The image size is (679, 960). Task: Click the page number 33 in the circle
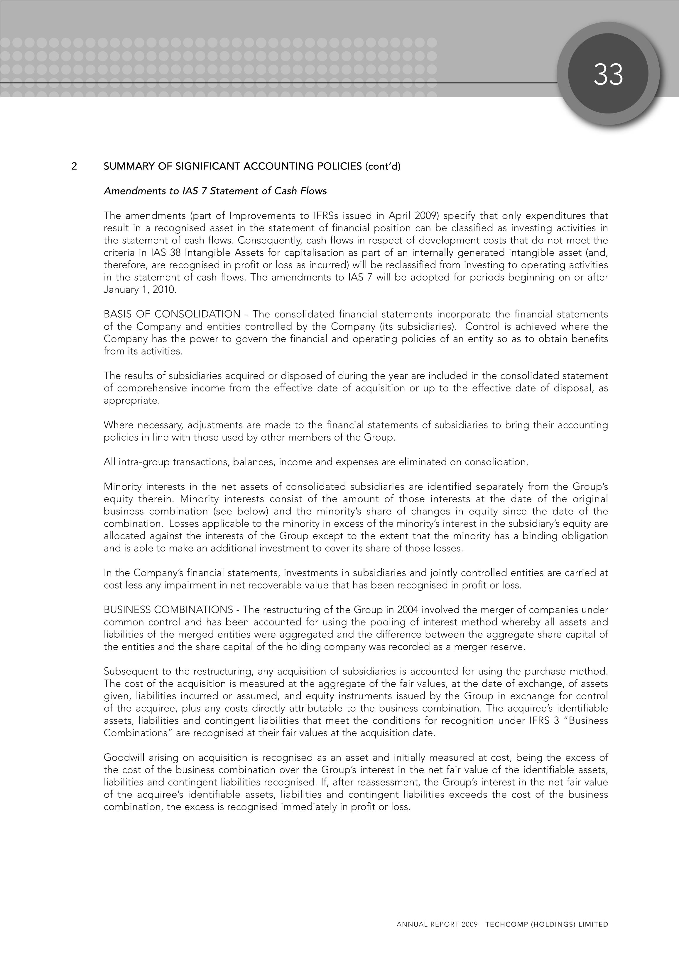(608, 75)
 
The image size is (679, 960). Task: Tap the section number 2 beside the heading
(74, 167)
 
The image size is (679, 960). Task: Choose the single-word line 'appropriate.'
(131, 401)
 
